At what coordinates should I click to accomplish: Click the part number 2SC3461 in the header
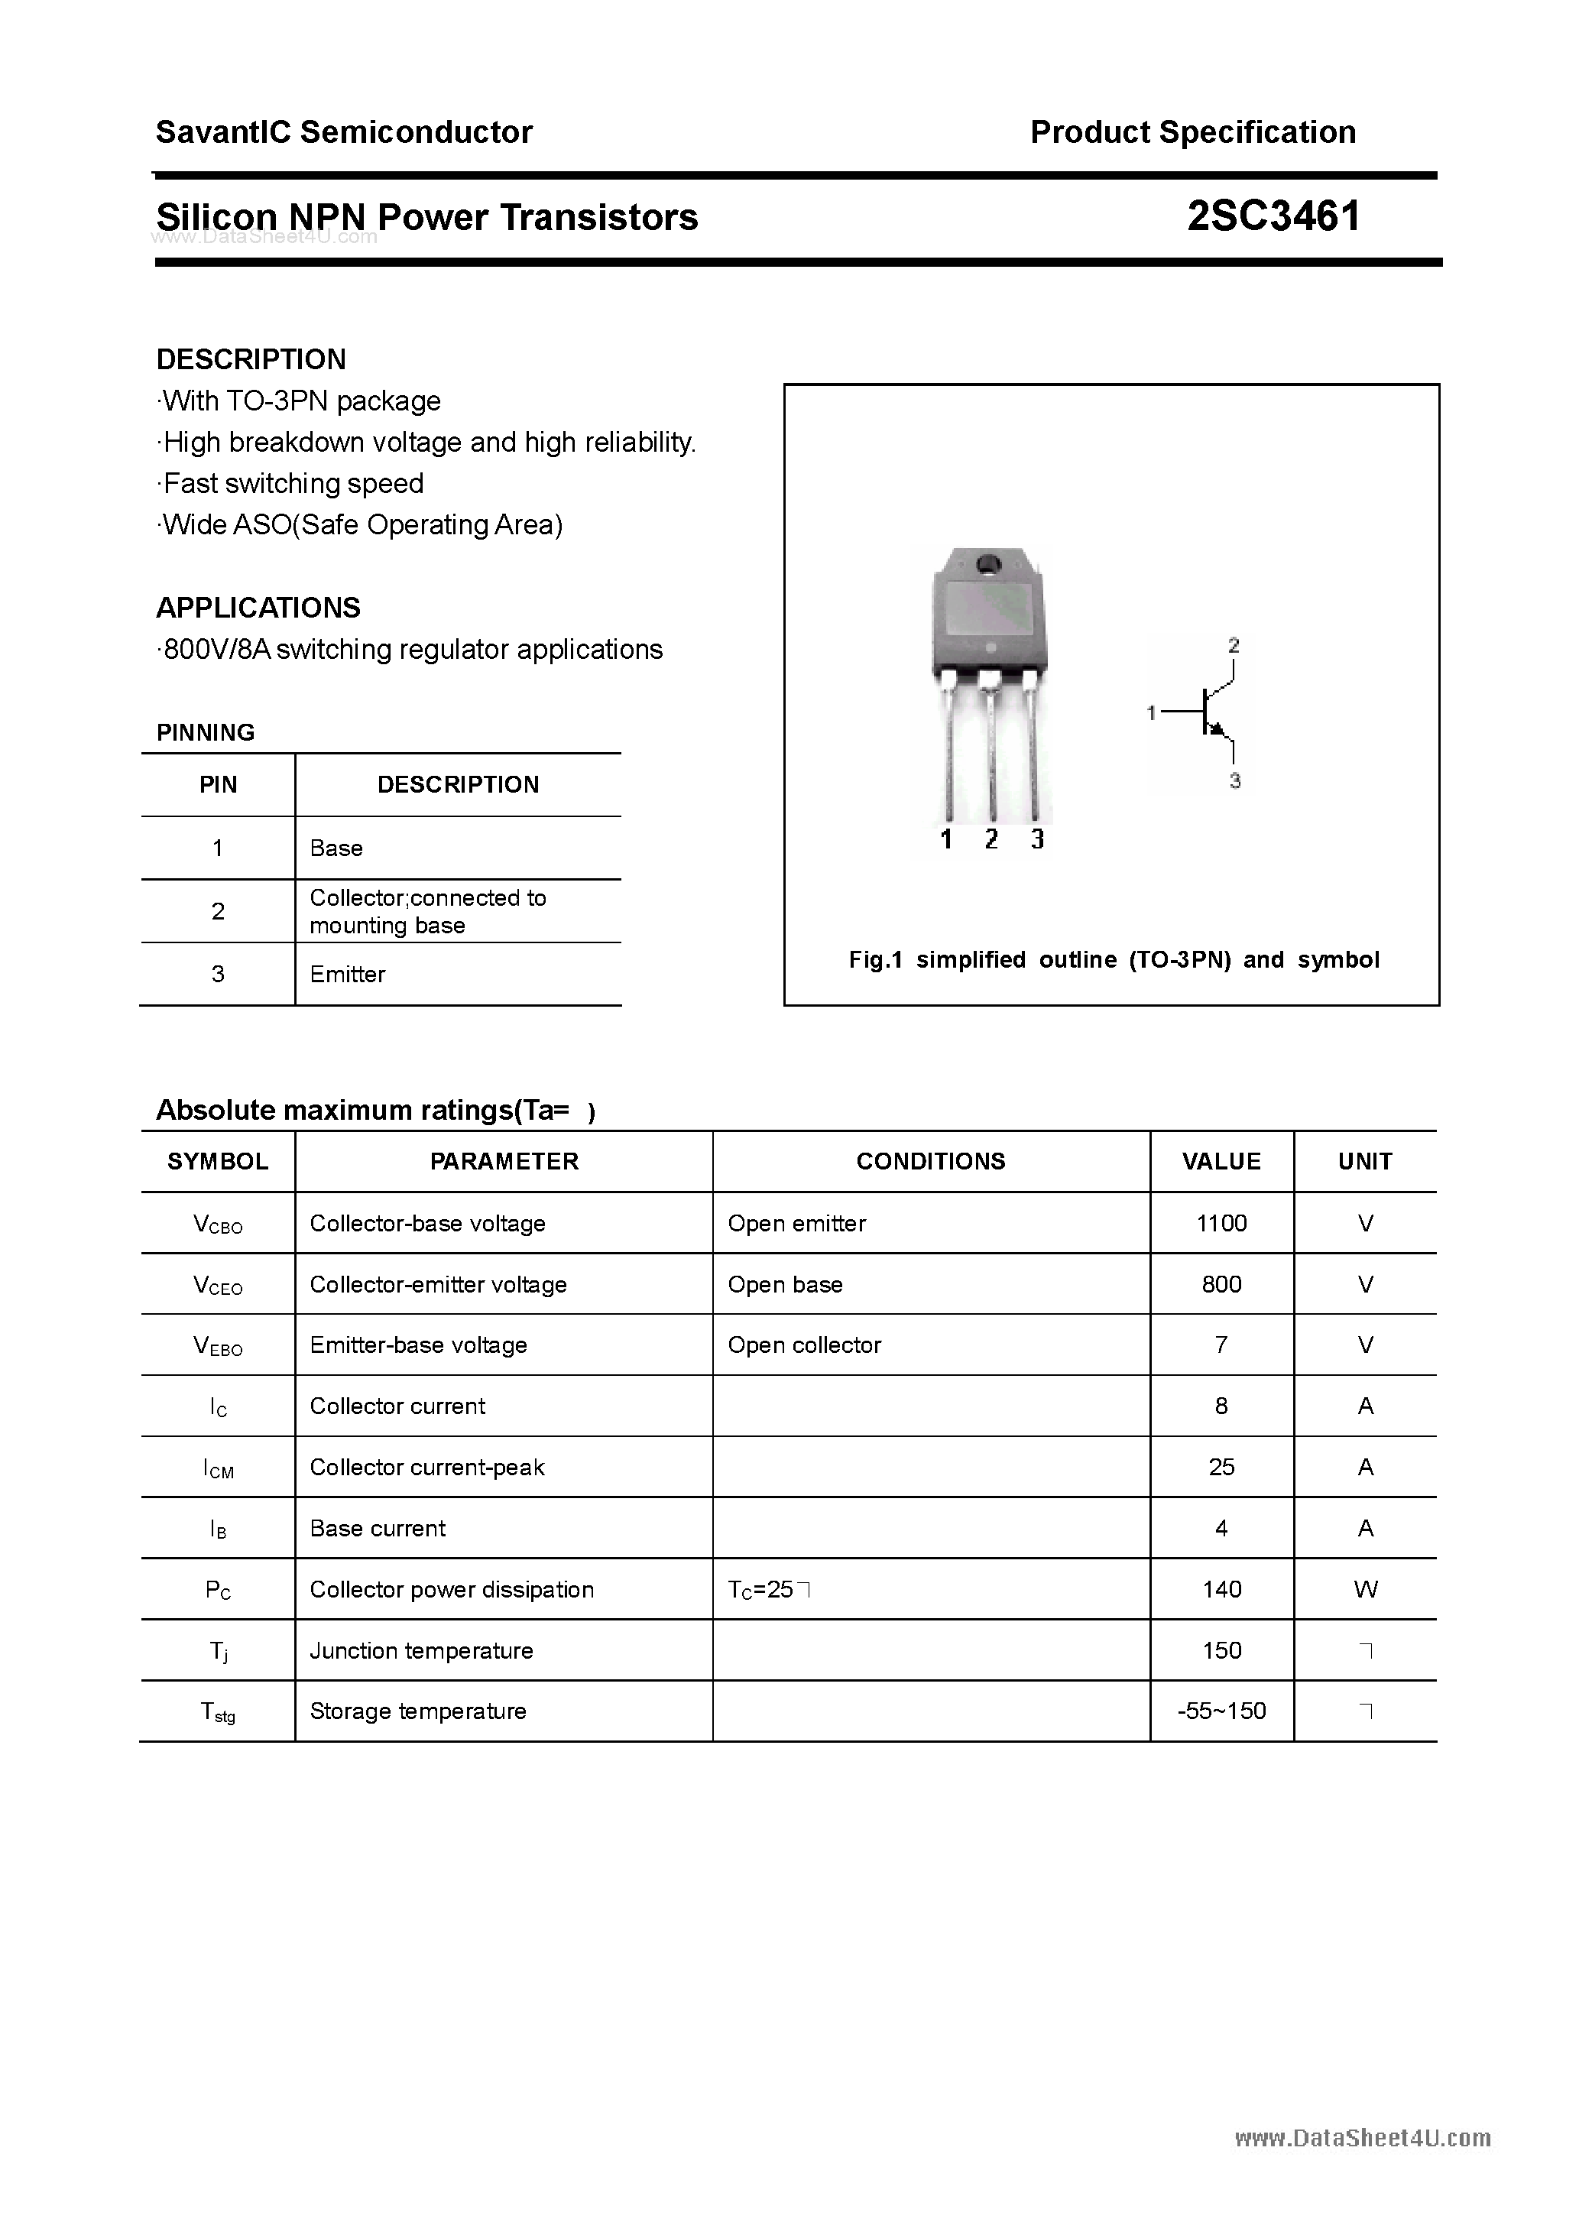click(x=1273, y=216)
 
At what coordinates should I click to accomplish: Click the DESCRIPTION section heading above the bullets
click(x=251, y=359)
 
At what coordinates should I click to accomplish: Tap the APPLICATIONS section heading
click(x=258, y=608)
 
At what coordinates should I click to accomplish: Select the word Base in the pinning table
click(x=336, y=848)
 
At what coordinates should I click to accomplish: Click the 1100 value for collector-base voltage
click(x=1221, y=1224)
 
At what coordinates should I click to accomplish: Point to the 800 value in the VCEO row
click(x=1221, y=1285)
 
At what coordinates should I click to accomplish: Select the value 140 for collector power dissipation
click(x=1221, y=1590)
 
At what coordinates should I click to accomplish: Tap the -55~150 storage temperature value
click(x=1221, y=1711)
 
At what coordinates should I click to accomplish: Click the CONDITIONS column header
click(x=931, y=1161)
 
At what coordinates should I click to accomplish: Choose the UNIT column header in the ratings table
click(x=1365, y=1161)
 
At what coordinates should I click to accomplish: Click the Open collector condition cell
click(x=804, y=1345)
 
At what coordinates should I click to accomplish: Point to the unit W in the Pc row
click(x=1365, y=1590)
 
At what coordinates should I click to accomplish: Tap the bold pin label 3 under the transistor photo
click(x=1038, y=839)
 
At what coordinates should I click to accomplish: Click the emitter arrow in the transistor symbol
click(x=1215, y=728)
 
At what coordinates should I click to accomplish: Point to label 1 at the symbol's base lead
click(x=1152, y=713)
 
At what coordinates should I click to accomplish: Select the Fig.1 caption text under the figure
click(x=1114, y=960)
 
